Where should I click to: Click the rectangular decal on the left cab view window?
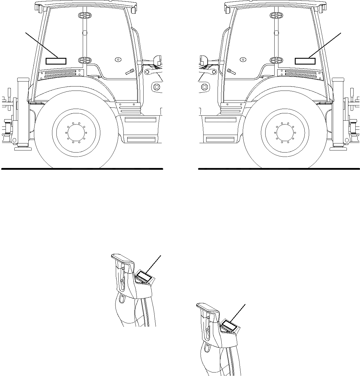click(x=56, y=61)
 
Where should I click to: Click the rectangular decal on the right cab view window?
click(x=305, y=61)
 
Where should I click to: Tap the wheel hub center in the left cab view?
click(x=76, y=132)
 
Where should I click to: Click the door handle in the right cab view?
click(x=231, y=72)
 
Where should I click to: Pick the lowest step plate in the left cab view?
click(x=141, y=139)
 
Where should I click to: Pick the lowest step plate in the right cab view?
click(x=220, y=139)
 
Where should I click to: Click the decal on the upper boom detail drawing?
click(x=144, y=276)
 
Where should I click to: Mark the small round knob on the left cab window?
click(x=118, y=59)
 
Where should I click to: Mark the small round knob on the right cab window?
click(x=242, y=59)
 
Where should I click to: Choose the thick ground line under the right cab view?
click(x=279, y=169)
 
